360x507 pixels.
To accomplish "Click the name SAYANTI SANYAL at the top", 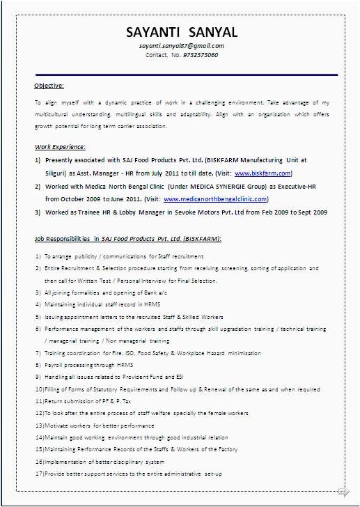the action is tap(182, 33).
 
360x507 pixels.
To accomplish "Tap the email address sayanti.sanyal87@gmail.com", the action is tap(182, 45).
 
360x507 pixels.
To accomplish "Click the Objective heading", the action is tap(49, 86).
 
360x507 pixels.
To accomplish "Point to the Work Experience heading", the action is tap(61, 147).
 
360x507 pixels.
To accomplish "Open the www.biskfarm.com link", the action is tap(263, 173).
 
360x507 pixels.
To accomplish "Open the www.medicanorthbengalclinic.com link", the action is tap(215, 199).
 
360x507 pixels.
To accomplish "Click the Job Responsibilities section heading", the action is tap(128, 239).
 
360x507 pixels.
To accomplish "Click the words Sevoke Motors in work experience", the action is tap(189, 212).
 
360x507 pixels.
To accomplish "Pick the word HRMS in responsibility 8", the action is tap(125, 365).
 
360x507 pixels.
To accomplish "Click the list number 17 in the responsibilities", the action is tap(39, 474).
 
